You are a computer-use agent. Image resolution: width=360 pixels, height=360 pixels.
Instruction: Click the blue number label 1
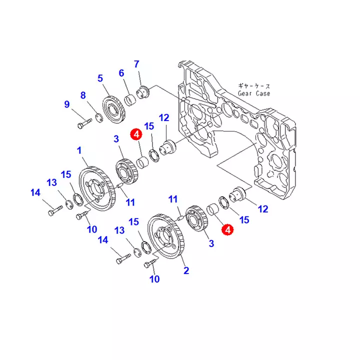click(x=78, y=150)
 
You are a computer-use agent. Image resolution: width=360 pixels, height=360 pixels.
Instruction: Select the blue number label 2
click(x=186, y=271)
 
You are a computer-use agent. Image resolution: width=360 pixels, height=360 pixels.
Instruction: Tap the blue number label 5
click(x=100, y=78)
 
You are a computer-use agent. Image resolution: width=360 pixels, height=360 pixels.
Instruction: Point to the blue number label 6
click(x=121, y=73)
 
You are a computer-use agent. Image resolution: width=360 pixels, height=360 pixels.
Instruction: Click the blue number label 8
click(x=83, y=95)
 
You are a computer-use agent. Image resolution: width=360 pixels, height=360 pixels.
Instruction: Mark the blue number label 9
click(x=66, y=104)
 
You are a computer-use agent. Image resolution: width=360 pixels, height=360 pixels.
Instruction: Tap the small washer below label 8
click(x=99, y=118)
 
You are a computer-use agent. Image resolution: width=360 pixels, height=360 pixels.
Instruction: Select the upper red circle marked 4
click(x=135, y=134)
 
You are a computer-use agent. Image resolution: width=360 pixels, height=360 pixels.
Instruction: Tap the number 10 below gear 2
click(x=154, y=279)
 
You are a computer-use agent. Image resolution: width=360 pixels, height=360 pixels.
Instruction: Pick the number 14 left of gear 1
click(x=35, y=192)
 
